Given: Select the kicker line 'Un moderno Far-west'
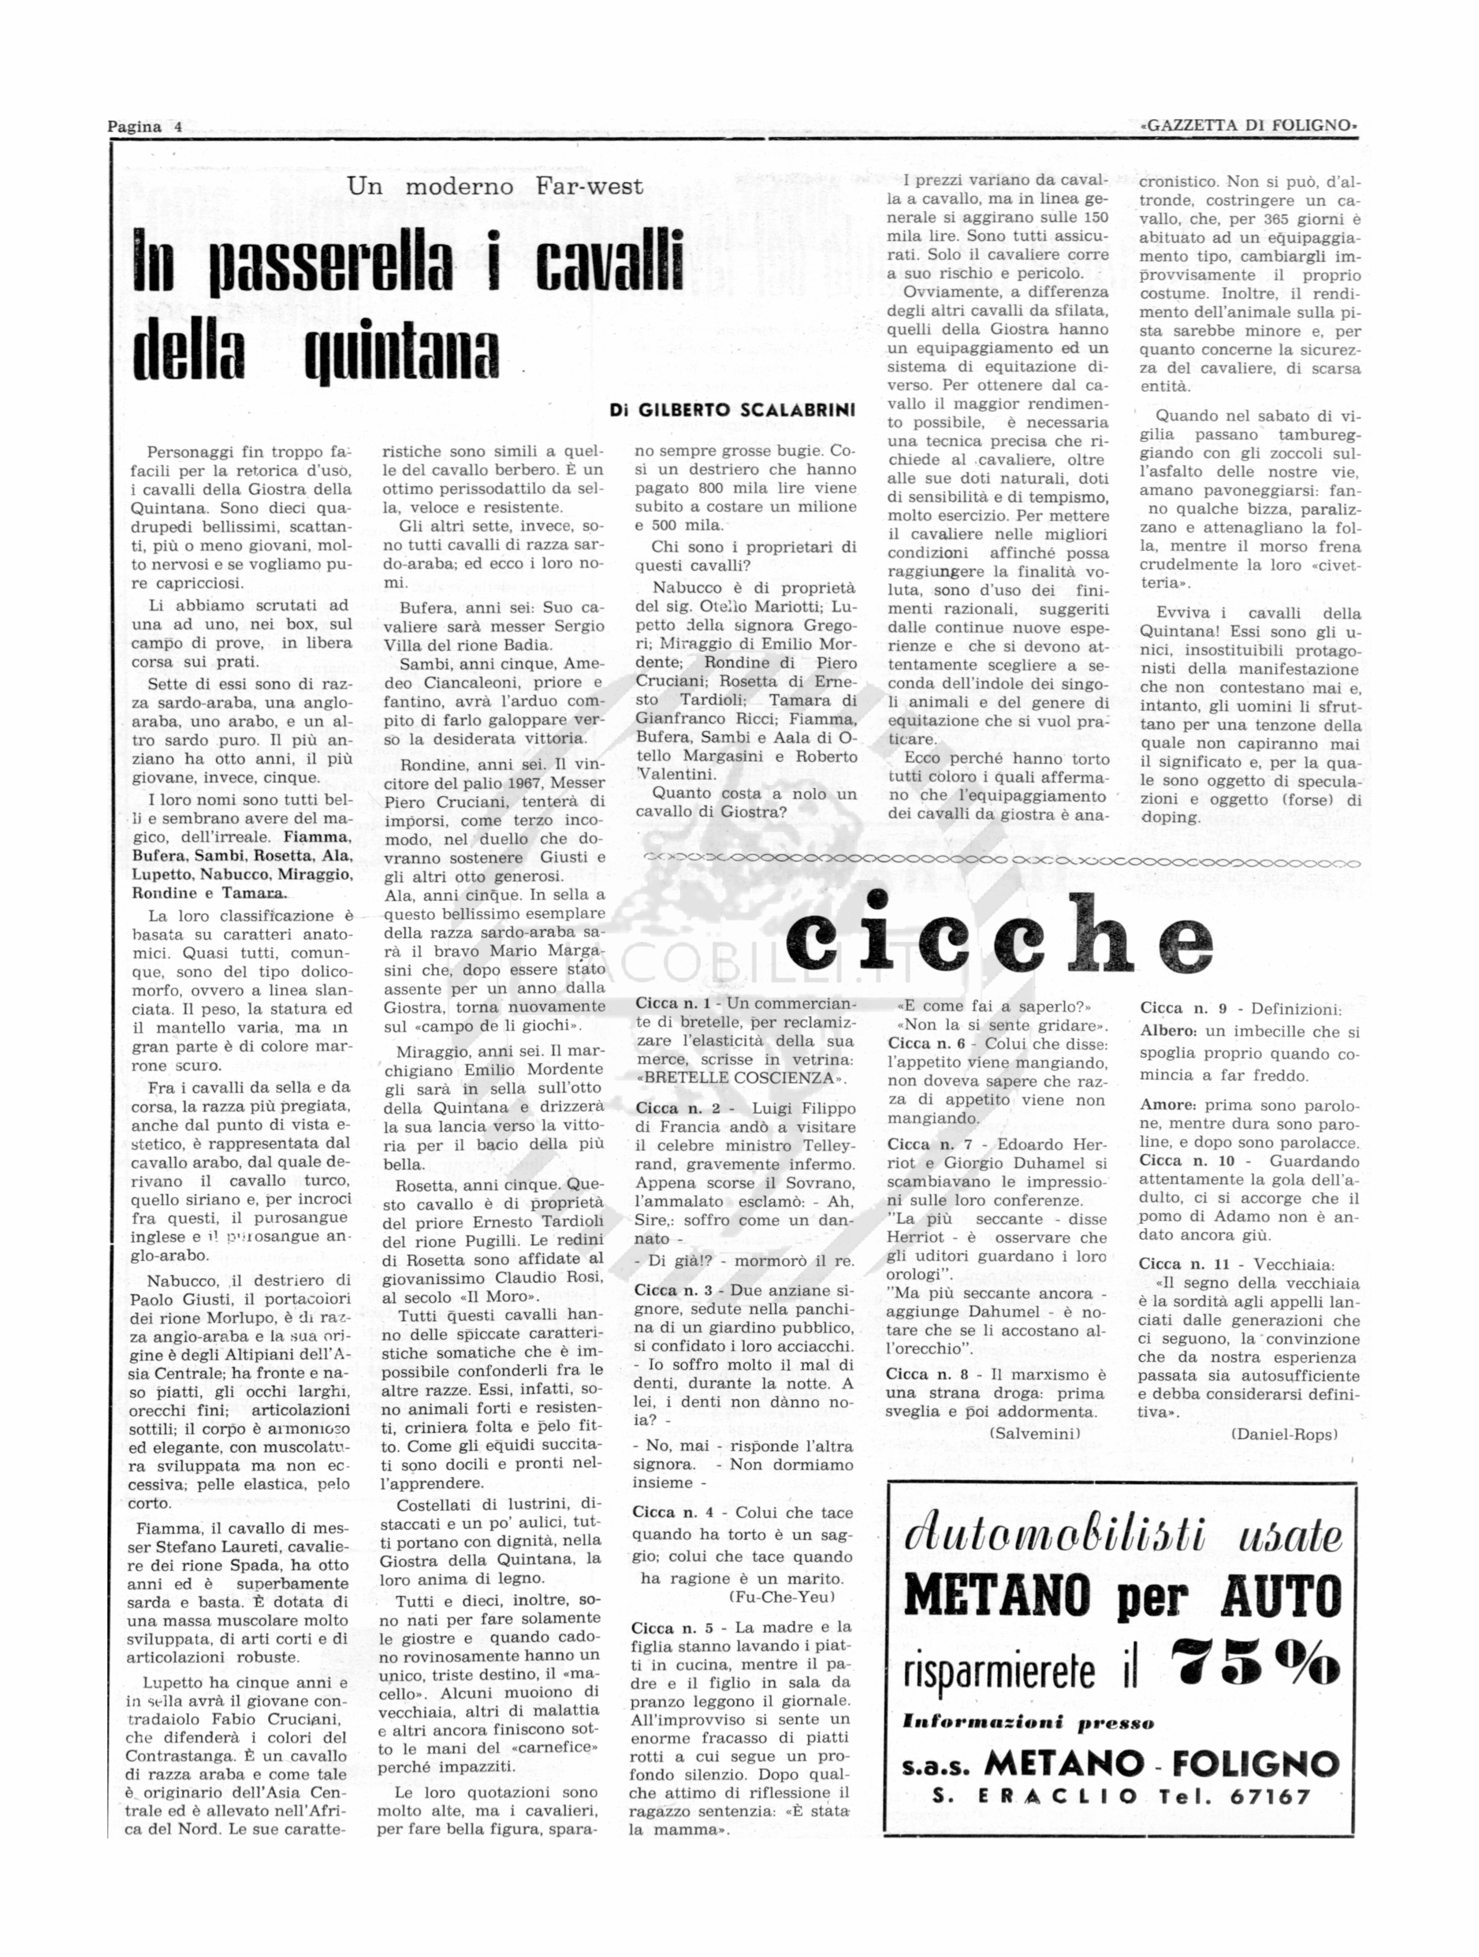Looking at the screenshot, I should click(x=495, y=187).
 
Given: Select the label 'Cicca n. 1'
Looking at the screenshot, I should click(x=672, y=1004).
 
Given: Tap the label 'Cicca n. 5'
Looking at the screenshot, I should click(x=670, y=1627).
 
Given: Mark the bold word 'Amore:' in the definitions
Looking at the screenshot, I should click(x=1167, y=1105).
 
